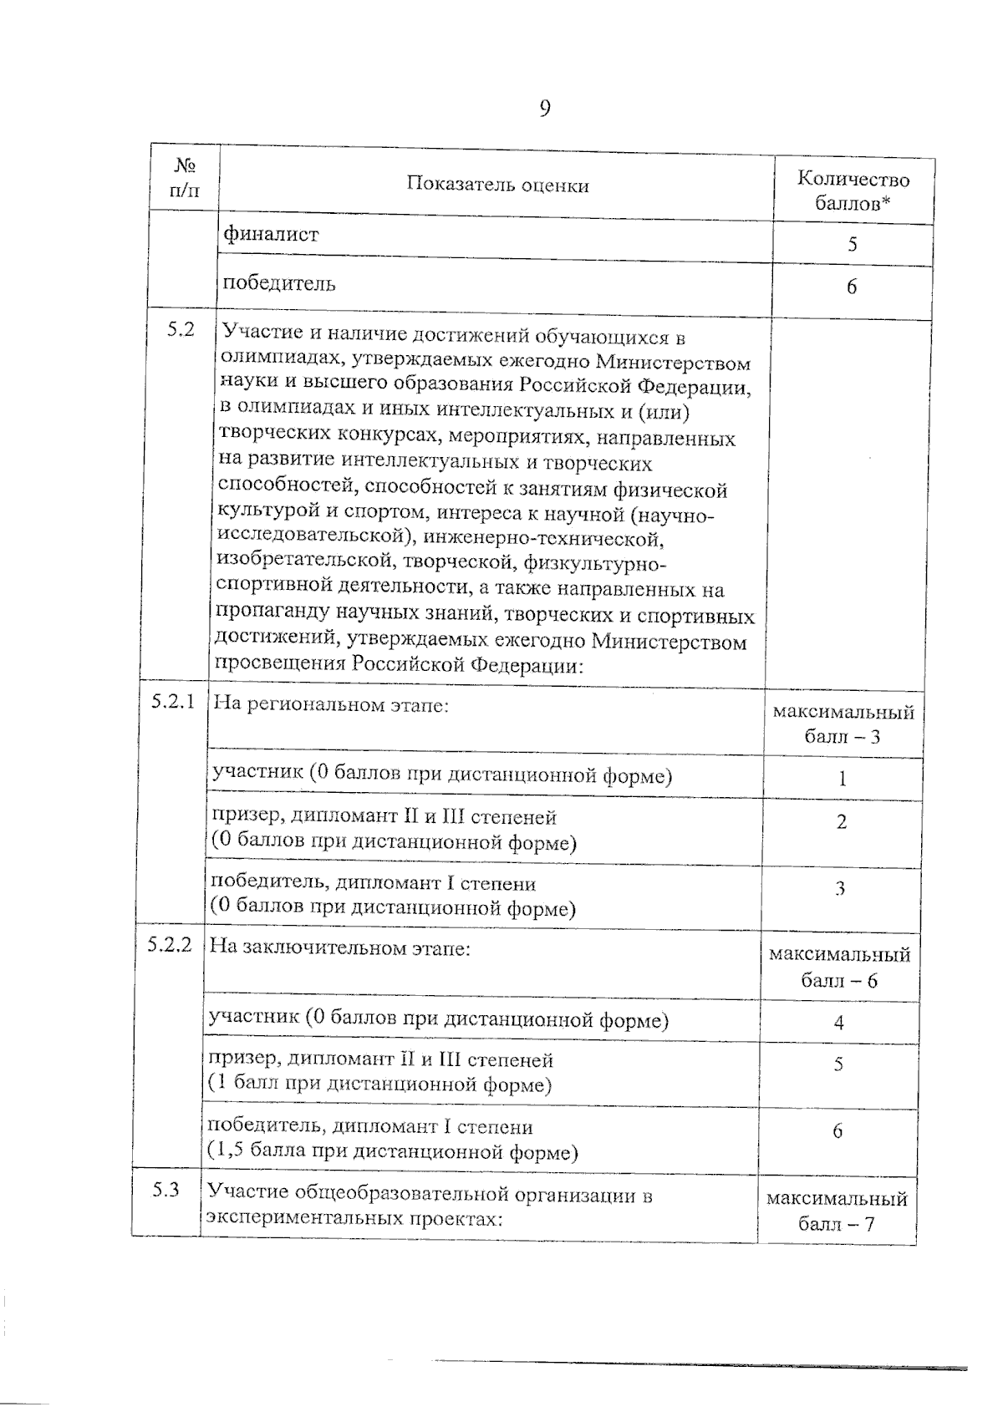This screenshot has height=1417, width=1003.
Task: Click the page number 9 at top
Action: tap(544, 109)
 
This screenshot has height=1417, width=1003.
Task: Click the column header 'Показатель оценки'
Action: tap(497, 185)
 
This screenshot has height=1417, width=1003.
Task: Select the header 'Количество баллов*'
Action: tap(853, 191)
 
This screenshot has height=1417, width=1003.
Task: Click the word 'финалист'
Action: tap(271, 235)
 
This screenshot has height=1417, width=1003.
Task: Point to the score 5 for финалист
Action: tap(852, 245)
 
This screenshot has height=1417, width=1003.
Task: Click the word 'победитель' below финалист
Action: tap(279, 284)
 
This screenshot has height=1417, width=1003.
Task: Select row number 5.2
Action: tap(180, 329)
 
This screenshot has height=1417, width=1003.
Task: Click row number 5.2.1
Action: tap(173, 702)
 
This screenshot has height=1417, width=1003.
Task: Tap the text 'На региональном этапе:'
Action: tap(332, 704)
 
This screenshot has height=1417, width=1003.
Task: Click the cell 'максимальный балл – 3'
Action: tap(843, 724)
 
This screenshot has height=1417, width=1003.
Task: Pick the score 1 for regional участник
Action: tap(843, 779)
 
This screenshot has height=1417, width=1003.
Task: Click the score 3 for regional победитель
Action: tap(840, 888)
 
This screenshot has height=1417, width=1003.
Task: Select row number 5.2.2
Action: tap(170, 945)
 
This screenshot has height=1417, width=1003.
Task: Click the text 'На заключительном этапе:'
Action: tap(339, 948)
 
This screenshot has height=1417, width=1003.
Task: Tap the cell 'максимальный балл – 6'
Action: tap(839, 967)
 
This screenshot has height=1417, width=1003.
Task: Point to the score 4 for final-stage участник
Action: tap(838, 1023)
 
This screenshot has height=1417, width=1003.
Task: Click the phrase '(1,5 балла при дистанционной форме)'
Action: tap(393, 1153)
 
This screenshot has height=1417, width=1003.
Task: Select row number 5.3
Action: tap(165, 1190)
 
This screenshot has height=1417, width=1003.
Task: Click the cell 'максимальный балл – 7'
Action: tap(837, 1212)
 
